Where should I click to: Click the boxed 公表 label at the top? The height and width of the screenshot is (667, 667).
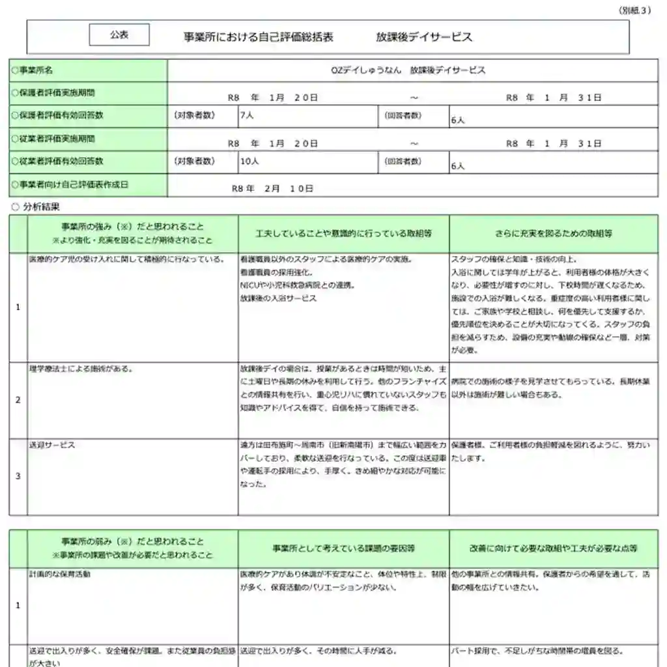(x=119, y=35)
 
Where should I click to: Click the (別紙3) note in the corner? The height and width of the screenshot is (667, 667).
(x=634, y=10)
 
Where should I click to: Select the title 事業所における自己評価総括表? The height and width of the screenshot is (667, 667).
(x=259, y=37)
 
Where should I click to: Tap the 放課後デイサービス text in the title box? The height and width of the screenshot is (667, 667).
(x=424, y=37)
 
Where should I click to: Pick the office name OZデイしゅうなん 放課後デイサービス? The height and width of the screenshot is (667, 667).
(x=408, y=70)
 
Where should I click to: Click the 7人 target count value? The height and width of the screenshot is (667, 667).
(x=247, y=115)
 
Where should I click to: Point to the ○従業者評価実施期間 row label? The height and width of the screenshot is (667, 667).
(x=53, y=139)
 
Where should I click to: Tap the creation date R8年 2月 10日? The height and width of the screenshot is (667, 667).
(x=273, y=188)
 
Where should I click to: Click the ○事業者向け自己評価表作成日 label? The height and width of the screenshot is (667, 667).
(x=70, y=184)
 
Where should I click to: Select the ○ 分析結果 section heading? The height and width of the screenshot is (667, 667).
(x=36, y=207)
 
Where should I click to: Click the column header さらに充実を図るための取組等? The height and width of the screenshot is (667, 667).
(x=553, y=233)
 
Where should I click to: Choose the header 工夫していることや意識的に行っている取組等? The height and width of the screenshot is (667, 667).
(x=343, y=233)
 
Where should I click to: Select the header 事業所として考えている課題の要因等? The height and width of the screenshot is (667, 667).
(x=343, y=548)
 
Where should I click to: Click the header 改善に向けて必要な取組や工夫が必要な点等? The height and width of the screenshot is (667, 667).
(x=553, y=548)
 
